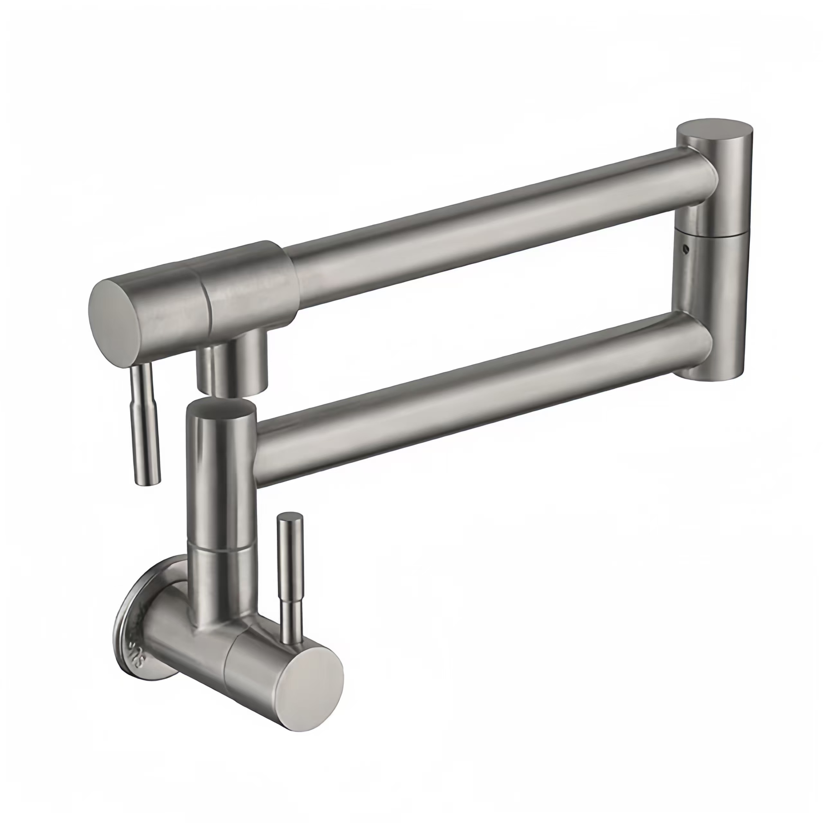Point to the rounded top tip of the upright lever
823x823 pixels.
tap(290, 517)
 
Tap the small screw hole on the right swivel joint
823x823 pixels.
tap(684, 247)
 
